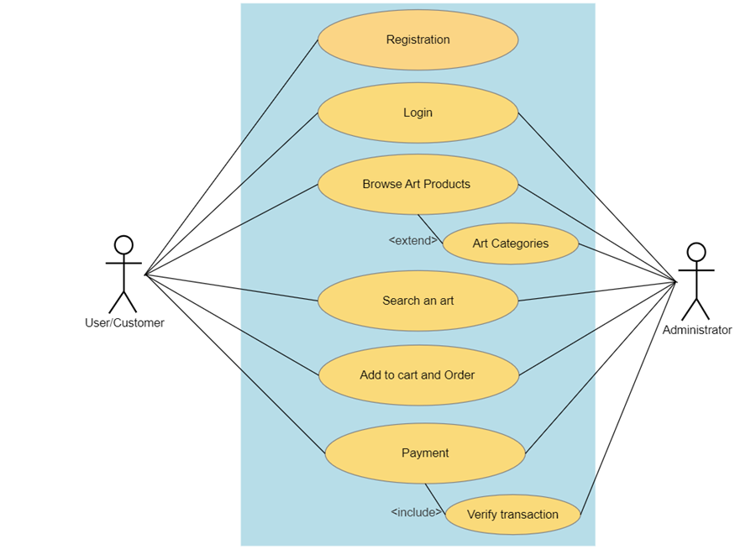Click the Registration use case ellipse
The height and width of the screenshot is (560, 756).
[x=417, y=39]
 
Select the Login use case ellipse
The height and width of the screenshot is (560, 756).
[x=417, y=113]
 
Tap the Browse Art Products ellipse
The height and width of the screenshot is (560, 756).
[x=417, y=184]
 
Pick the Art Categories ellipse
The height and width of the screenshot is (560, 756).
[x=510, y=243]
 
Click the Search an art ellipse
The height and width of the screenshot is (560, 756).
[x=417, y=301]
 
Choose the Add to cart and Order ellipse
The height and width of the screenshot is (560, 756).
[x=417, y=375]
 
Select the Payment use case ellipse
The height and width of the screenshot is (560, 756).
[x=425, y=453]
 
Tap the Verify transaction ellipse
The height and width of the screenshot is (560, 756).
[x=512, y=515]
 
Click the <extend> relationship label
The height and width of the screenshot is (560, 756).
[x=413, y=241]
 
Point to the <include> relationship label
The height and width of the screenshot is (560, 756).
[x=416, y=512]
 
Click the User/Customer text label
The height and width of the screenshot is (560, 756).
[x=124, y=322]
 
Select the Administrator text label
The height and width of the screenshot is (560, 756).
[x=696, y=330]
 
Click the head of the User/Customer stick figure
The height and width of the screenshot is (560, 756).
[x=123, y=245]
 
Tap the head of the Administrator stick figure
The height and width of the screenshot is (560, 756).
[x=696, y=252]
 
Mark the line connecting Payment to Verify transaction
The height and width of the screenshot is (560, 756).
[x=434, y=498]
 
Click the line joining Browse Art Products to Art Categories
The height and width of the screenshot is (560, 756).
[x=430, y=229]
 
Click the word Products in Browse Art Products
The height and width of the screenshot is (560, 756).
[x=447, y=184]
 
